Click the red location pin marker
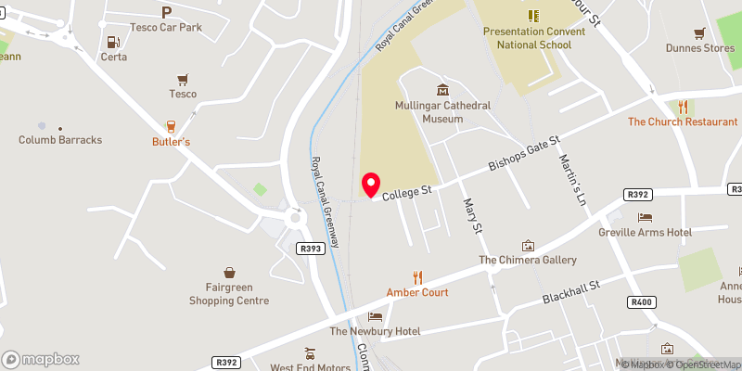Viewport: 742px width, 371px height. tap(371, 185)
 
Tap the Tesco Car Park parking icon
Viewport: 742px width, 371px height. tap(167, 12)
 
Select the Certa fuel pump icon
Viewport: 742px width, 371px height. tap(113, 41)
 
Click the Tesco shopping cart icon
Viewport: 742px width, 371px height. tap(182, 79)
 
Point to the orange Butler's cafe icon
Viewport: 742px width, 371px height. tap(171, 126)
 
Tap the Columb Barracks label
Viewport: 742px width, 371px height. tap(60, 140)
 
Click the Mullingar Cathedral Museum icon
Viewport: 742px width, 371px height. tap(441, 90)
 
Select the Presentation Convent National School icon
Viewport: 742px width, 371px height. tap(533, 16)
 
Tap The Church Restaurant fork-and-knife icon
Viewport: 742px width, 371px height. tap(683, 107)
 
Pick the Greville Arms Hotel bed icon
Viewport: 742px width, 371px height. tap(645, 216)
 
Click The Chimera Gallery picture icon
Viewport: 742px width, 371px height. tap(528, 246)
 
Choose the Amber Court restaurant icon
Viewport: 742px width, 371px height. tap(417, 276)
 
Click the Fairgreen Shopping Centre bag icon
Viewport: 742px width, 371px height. tap(229, 273)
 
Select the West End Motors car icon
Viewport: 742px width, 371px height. tap(310, 353)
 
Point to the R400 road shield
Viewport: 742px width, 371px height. tap(641, 302)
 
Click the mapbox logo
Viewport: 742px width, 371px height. tap(41, 359)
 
